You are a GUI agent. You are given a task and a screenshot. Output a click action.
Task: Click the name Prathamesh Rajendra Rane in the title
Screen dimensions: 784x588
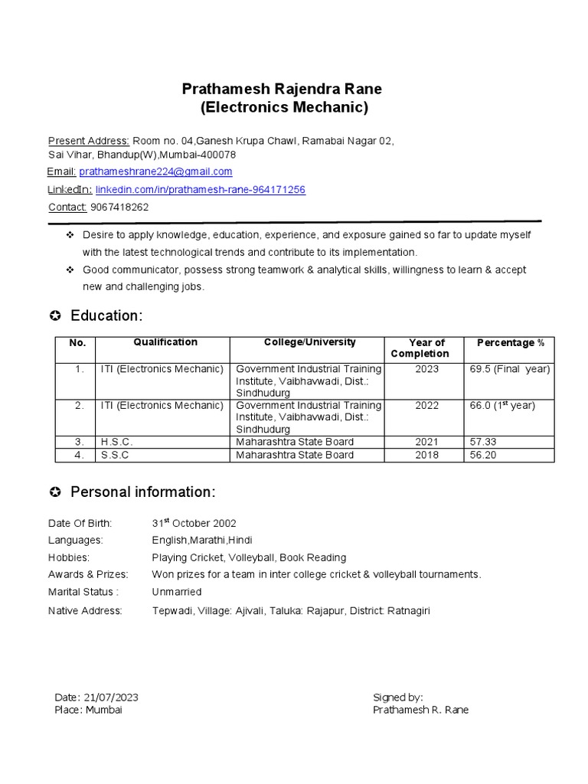coord(282,89)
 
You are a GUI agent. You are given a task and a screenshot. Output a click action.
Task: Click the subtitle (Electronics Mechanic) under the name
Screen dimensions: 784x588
coord(284,107)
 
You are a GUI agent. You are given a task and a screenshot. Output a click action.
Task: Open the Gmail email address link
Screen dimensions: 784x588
coord(155,171)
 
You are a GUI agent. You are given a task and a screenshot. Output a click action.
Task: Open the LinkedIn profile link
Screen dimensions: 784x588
coord(200,189)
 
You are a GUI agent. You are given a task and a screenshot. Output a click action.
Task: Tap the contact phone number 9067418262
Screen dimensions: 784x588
coord(119,207)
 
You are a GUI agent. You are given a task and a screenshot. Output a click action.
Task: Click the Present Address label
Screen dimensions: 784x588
coord(89,141)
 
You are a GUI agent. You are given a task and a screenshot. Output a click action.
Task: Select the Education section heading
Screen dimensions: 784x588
coord(106,316)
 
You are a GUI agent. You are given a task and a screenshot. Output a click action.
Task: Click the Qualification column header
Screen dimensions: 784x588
coord(165,342)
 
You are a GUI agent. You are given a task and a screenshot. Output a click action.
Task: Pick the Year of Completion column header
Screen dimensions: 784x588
coord(426,348)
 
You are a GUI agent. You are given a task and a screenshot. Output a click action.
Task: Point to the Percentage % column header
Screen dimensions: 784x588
coord(510,342)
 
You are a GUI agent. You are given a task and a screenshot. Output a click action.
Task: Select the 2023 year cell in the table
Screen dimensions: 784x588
coord(426,369)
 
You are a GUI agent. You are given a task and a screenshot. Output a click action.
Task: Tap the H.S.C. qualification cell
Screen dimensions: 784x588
coord(117,442)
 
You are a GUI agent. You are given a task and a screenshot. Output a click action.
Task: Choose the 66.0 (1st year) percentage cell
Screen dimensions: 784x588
coord(502,405)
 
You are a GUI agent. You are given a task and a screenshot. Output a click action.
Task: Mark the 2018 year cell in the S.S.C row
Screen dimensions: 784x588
coord(426,455)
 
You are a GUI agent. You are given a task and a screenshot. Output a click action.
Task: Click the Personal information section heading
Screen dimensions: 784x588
coord(142,492)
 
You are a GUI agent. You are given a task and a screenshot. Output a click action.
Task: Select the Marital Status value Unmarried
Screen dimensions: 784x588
coord(177,592)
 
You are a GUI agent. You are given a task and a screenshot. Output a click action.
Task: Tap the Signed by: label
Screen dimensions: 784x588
coord(397,697)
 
